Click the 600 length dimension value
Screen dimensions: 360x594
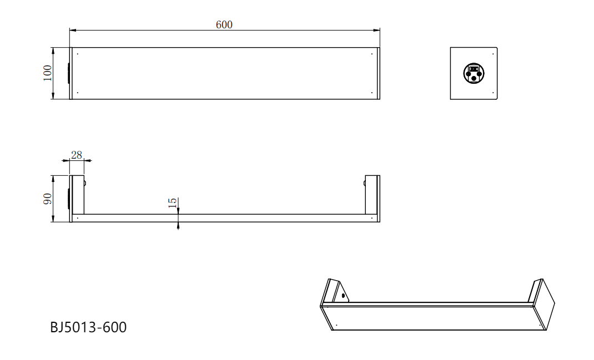(x=224, y=24)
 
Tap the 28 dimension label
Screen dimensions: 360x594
(x=77, y=155)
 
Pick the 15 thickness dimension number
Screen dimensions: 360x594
(x=172, y=204)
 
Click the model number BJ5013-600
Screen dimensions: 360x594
(x=88, y=328)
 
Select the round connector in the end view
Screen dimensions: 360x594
(x=474, y=73)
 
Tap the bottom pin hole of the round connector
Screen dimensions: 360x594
(x=474, y=78)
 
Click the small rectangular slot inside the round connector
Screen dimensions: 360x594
(x=474, y=69)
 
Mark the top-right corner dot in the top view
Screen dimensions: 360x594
(x=371, y=54)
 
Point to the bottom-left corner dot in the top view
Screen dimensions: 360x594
(x=78, y=93)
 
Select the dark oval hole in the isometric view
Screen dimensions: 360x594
(x=343, y=296)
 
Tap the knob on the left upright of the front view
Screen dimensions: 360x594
(x=84, y=183)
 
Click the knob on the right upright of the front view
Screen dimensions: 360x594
(x=365, y=183)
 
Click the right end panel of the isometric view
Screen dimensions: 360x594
(x=544, y=305)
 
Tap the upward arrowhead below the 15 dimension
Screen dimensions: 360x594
(x=178, y=225)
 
